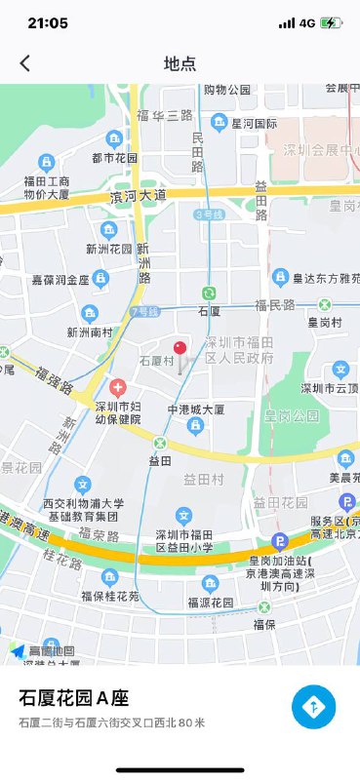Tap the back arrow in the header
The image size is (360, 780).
tap(25, 63)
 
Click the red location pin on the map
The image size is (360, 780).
tap(180, 349)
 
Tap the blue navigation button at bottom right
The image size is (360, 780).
tap(313, 707)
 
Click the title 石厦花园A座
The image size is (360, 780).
tap(74, 698)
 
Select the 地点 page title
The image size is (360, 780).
tap(180, 63)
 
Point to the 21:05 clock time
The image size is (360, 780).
tap(48, 22)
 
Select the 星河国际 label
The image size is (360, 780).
tap(255, 124)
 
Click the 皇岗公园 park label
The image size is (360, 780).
tap(292, 415)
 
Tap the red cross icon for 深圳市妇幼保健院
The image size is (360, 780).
tap(118, 387)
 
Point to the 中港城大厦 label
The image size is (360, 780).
tap(196, 409)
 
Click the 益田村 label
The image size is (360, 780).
tap(204, 479)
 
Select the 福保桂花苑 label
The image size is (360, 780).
tap(110, 595)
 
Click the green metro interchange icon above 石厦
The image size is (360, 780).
tap(208, 292)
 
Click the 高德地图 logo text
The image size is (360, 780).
tap(51, 649)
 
